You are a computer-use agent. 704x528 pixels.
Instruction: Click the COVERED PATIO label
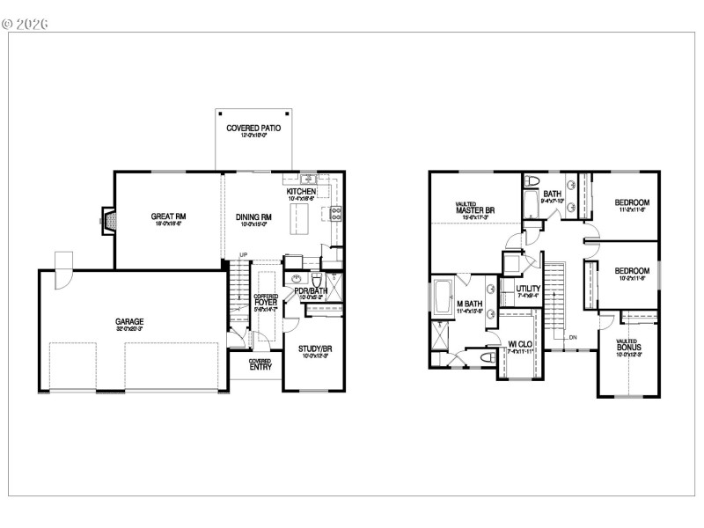point(253,128)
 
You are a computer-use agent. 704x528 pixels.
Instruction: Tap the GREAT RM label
point(168,216)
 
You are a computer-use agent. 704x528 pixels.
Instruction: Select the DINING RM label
point(253,216)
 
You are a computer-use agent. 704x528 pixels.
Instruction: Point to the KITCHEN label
point(301,192)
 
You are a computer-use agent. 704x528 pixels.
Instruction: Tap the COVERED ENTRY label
point(260,363)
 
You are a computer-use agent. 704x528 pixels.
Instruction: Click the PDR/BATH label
point(312,290)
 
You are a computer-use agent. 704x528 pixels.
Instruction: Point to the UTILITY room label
point(528,289)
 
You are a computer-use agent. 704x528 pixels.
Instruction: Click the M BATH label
point(471,304)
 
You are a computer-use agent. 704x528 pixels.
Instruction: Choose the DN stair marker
point(572,337)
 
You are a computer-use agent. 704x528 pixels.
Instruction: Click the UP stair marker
point(244,256)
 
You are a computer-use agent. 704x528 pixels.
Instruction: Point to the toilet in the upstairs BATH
point(531,181)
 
